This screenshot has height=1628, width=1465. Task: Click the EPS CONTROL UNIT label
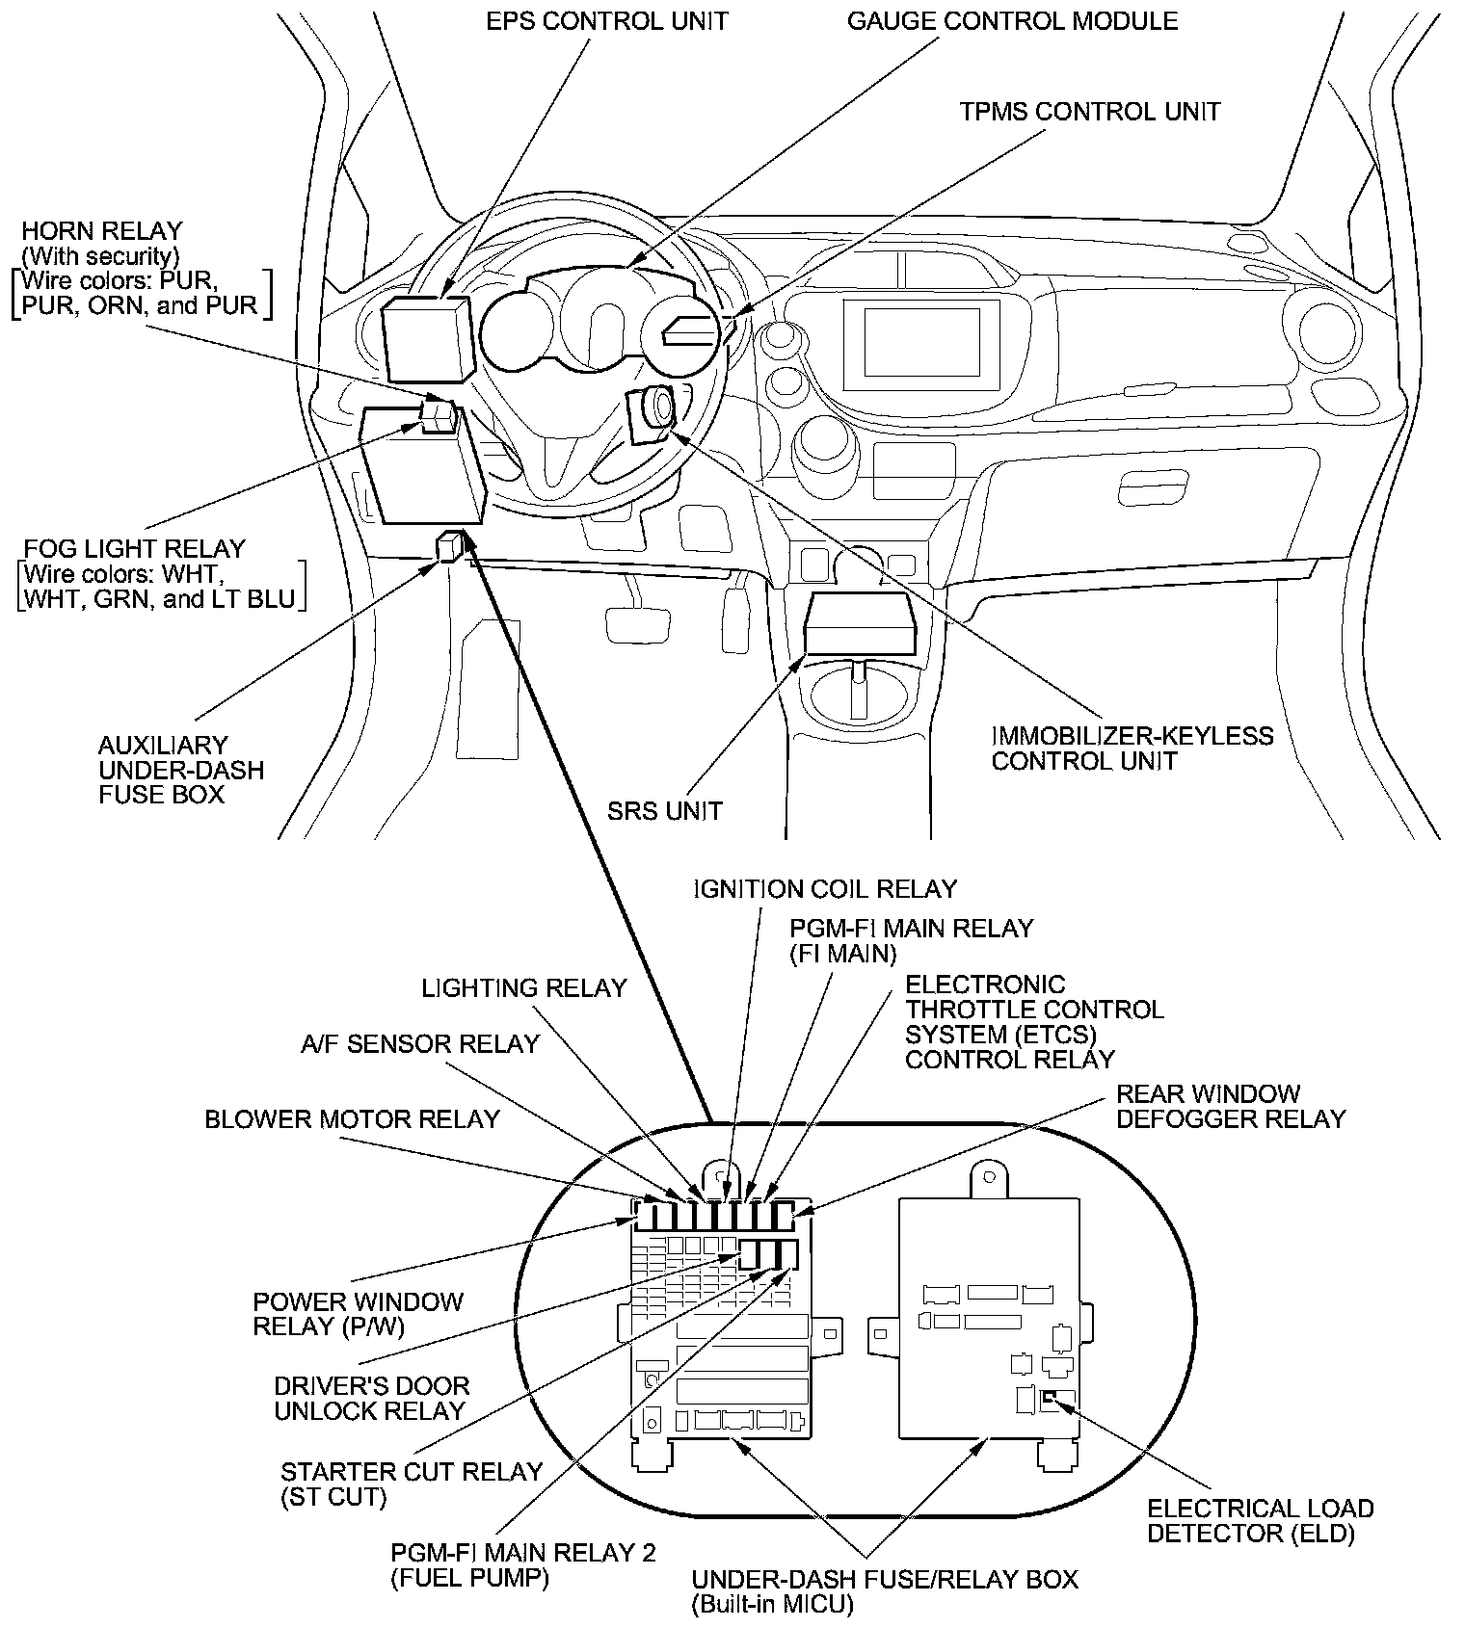click(x=606, y=20)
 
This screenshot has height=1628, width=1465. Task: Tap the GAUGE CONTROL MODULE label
click(x=1012, y=20)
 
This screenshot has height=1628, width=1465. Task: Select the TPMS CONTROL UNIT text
click(x=1089, y=112)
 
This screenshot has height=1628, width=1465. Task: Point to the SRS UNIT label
click(x=664, y=810)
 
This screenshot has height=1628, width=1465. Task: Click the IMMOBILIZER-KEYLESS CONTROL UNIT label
click(x=1132, y=748)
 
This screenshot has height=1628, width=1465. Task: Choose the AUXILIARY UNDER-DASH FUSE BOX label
click(x=181, y=770)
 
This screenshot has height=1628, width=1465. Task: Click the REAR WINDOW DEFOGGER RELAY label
click(x=1230, y=1106)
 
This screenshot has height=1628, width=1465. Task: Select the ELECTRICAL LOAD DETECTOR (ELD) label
click(x=1260, y=1521)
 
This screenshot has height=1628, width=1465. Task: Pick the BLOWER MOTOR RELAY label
click(x=352, y=1118)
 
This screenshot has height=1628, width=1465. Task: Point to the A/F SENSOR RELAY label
click(x=419, y=1043)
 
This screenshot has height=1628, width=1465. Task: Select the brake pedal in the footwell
click(x=639, y=623)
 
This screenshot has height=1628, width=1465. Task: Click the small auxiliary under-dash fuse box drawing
click(x=450, y=546)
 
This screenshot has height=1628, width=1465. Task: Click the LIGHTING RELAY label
click(x=524, y=987)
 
